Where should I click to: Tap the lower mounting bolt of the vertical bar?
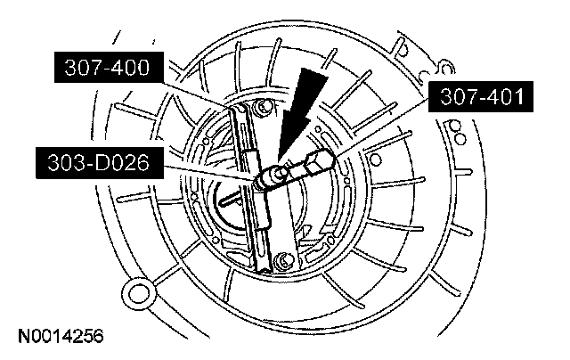tap(282, 260)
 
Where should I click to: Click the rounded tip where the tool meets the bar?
tap(264, 182)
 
